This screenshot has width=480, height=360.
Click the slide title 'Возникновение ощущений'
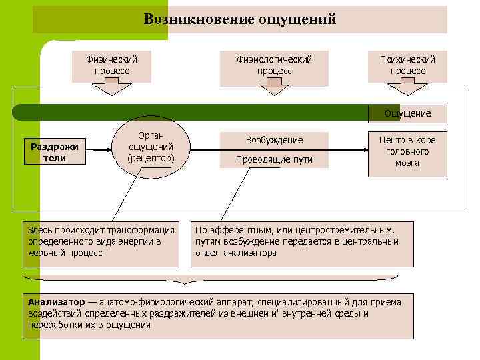point(240,19)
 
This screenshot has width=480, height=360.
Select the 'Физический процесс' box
point(112,65)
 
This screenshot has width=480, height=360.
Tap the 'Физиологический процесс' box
point(274,65)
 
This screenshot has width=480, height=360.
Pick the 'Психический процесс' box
point(407,65)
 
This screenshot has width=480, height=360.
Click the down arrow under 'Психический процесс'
point(407,89)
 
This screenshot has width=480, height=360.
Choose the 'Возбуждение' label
point(274,141)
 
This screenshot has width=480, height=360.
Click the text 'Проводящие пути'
point(274,160)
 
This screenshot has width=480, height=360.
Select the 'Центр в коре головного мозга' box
point(407,151)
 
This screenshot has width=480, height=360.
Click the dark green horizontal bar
point(200,112)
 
